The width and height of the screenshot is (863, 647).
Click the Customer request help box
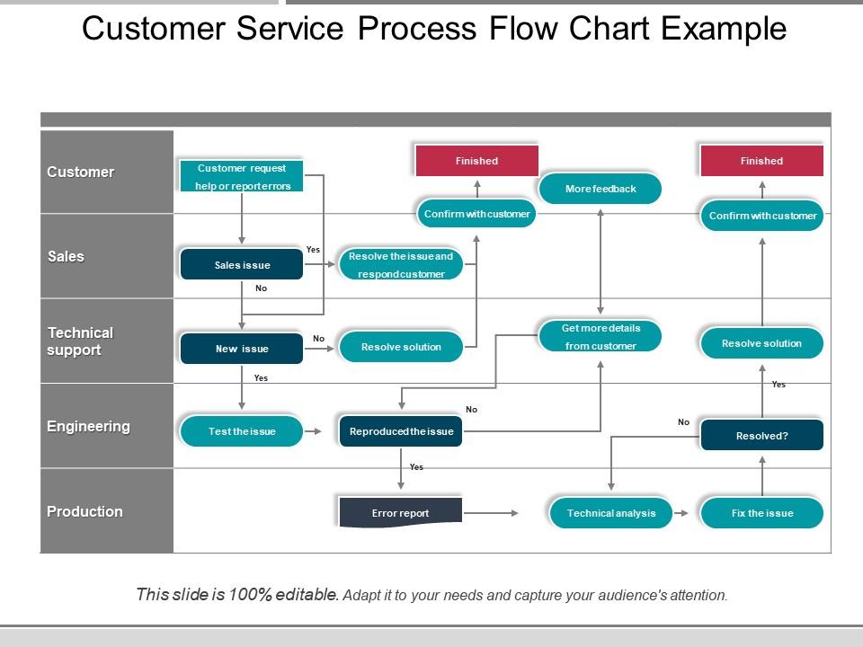pos(242,176)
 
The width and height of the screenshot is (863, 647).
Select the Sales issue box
pos(242,265)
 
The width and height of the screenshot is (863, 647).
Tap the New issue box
pos(242,349)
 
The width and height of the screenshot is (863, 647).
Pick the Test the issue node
pos(242,431)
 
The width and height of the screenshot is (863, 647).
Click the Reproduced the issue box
pos(401,431)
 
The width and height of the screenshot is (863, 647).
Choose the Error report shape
pos(401,512)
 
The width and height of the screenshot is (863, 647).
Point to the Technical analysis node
pos(611,513)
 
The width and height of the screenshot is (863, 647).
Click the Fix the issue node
pos(761,513)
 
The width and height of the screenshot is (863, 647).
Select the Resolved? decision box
pos(761,436)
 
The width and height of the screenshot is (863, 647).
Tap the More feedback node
pos(600,189)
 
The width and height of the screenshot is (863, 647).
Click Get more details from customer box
pos(600,337)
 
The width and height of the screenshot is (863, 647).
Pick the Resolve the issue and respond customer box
pos(401,265)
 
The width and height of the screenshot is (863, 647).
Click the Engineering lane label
pos(88,426)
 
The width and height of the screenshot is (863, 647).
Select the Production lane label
pos(85,511)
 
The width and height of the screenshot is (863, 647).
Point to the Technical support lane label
pos(80,341)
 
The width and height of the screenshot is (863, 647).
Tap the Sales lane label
pos(66,256)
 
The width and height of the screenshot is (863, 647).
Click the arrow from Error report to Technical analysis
pos(491,513)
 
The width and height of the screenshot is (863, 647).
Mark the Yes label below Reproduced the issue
pos(416,467)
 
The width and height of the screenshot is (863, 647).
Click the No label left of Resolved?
pos(683,421)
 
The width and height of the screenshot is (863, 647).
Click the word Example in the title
pos(724,30)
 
